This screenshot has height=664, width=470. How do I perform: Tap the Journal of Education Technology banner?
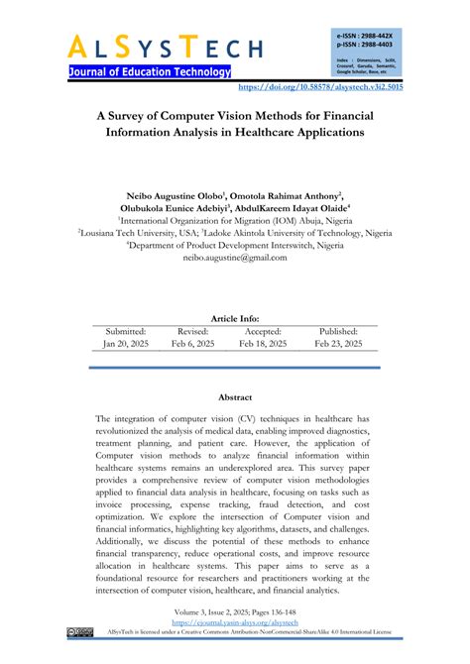point(150,72)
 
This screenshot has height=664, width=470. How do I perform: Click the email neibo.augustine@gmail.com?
point(234,257)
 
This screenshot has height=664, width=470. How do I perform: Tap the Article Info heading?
point(234,318)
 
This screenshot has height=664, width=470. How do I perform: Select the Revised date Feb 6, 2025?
point(192,344)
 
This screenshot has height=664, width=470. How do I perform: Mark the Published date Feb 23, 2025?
point(339,344)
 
